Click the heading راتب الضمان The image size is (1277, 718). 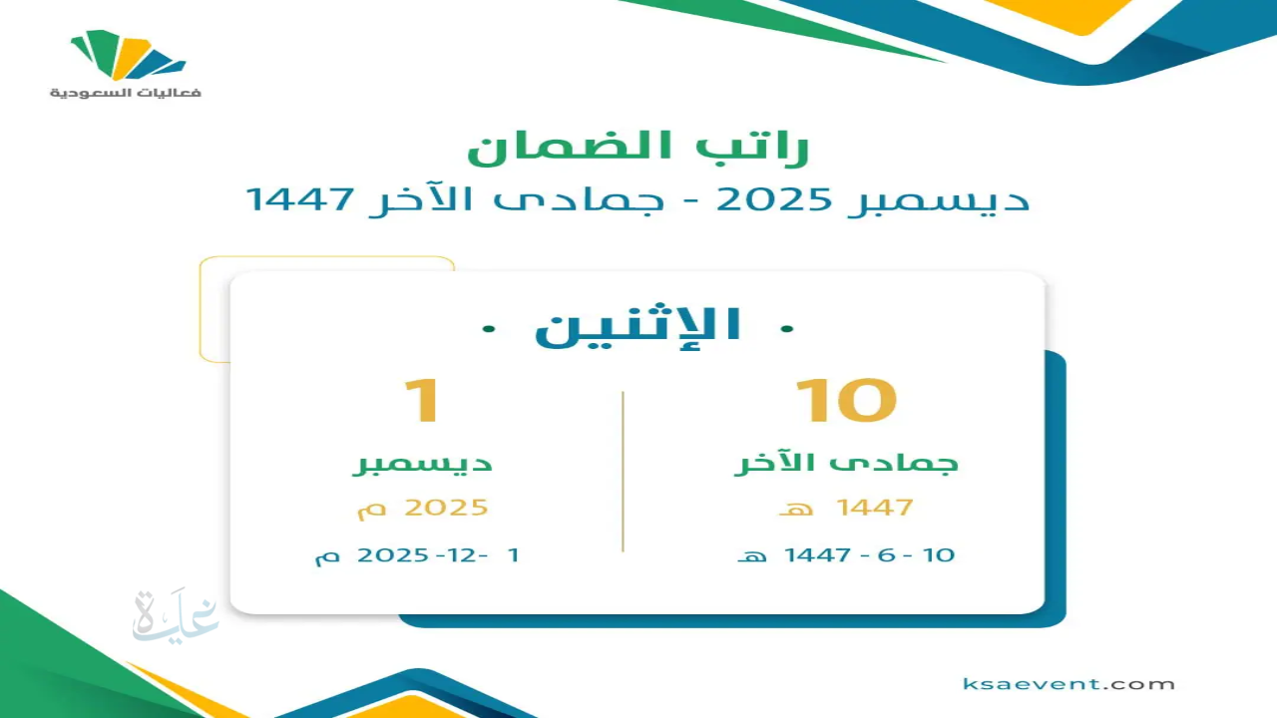[638, 145]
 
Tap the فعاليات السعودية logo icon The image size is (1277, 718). [128, 56]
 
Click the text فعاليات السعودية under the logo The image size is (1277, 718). [126, 93]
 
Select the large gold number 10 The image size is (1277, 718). [846, 401]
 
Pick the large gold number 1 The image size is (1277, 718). [421, 401]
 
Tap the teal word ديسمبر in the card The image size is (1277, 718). [424, 464]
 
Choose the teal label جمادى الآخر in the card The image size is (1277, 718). [846, 464]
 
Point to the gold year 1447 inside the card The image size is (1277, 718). [875, 507]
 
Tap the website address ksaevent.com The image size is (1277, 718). [1068, 684]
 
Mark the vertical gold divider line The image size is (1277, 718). [623, 471]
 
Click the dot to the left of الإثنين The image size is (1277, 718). [487, 327]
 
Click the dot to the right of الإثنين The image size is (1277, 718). [787, 327]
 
